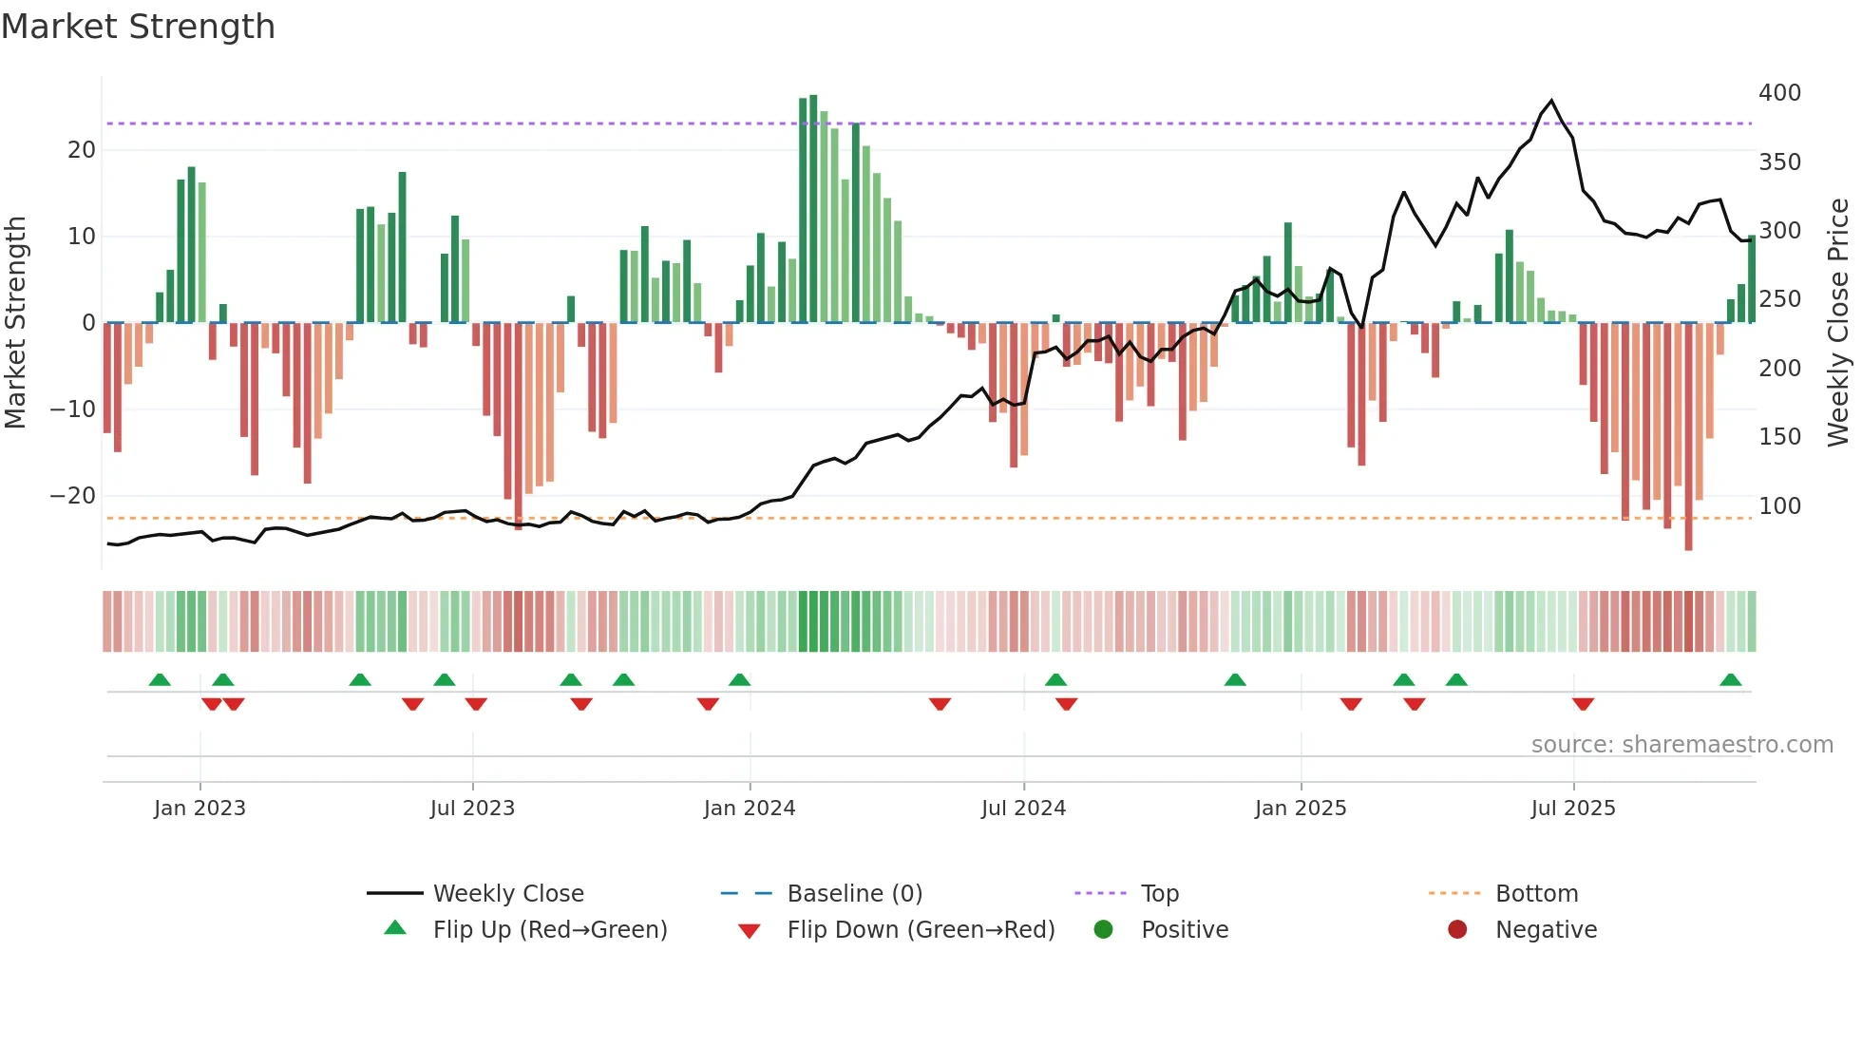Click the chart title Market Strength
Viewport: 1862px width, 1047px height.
coord(138,27)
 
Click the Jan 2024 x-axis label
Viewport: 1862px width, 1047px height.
coord(750,809)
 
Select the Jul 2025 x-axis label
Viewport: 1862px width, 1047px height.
coord(1573,809)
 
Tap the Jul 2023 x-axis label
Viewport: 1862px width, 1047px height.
coord(472,809)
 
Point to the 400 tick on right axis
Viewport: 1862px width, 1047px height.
coord(1779,93)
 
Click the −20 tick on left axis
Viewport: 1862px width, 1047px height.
coord(73,496)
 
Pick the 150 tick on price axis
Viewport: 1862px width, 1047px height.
coord(1779,437)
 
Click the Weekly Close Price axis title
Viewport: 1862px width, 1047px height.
coord(1838,323)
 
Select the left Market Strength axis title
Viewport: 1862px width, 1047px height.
coord(16,323)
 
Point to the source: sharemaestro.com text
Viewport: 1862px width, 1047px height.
coord(1681,745)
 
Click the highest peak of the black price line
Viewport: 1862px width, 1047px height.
coord(1551,101)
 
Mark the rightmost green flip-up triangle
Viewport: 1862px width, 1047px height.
coord(1730,680)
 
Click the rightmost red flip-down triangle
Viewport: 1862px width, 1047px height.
coord(1583,704)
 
